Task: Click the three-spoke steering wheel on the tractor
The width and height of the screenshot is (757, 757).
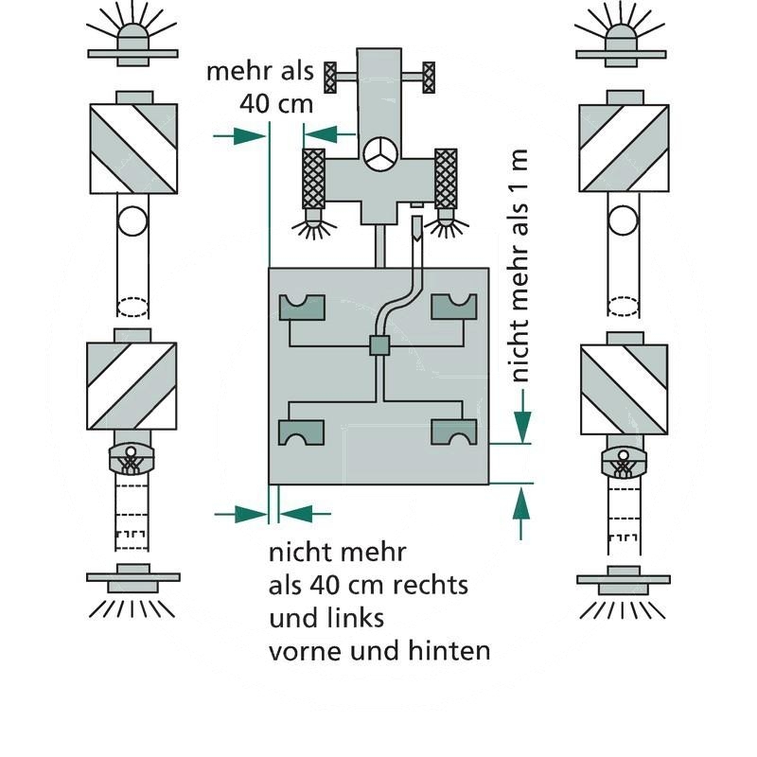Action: [378, 156]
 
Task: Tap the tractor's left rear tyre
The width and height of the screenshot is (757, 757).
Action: [313, 179]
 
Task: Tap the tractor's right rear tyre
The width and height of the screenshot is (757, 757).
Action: [445, 179]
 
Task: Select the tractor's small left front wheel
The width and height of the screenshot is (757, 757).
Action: [330, 76]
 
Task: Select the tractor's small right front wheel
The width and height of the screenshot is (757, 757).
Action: [429, 76]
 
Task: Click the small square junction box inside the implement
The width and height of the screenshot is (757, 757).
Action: [378, 346]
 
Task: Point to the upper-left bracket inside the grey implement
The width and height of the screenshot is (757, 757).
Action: [302, 308]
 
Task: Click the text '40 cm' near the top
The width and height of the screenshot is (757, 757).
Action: [275, 104]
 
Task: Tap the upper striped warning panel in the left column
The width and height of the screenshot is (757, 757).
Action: [133, 148]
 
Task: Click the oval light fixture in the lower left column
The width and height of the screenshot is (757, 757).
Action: [132, 459]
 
